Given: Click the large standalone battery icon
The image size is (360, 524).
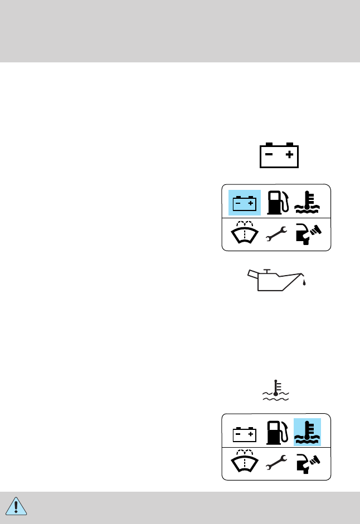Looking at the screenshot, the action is tap(279, 155).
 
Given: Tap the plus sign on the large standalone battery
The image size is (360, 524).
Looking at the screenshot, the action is tap(289, 156).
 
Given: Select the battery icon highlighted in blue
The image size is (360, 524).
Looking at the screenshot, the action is tap(245, 203).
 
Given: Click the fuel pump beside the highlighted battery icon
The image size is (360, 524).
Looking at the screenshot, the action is tap(277, 203).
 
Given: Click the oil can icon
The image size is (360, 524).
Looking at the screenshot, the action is tap(276, 280).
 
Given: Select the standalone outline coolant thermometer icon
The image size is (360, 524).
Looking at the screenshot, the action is tap(275, 390).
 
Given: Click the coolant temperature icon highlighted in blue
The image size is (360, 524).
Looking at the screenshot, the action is tap(307, 432).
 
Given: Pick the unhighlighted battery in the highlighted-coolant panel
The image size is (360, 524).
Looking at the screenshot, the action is tap(245, 433).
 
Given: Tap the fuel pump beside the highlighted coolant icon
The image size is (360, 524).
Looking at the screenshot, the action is tap(277, 432).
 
